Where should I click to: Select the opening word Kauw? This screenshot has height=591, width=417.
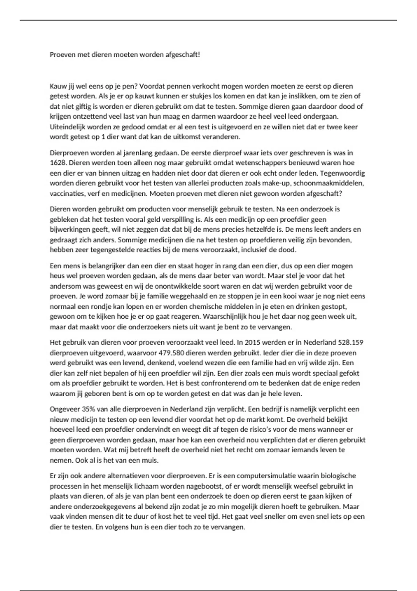click(x=57, y=86)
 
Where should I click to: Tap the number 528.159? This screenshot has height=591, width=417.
click(x=351, y=342)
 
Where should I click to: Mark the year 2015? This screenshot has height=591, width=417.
click(x=253, y=342)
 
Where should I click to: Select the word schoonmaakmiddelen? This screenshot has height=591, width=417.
click(x=334, y=183)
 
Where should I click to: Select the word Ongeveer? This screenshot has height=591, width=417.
click(x=65, y=409)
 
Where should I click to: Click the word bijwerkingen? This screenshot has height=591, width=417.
click(x=70, y=229)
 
